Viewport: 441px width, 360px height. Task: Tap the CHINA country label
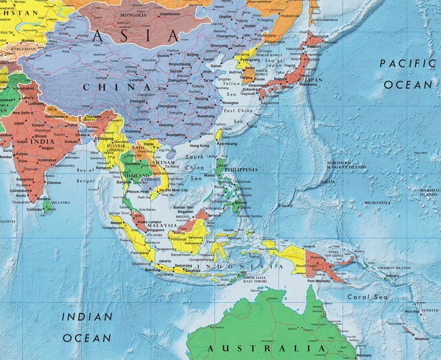click(117, 87)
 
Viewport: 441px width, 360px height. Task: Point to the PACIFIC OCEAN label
click(407, 74)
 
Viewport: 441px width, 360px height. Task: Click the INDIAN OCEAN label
click(87, 327)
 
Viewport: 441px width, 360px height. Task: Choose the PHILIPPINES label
click(240, 169)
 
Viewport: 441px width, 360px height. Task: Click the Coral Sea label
click(364, 297)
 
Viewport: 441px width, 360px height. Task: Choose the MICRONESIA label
click(377, 203)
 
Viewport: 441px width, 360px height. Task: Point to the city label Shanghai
click(230, 103)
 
